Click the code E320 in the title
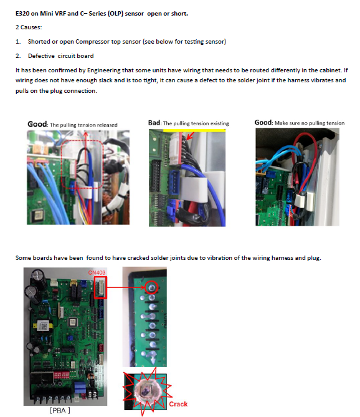(x=22, y=14)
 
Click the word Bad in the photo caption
(x=154, y=123)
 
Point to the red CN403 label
(x=97, y=272)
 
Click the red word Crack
(x=178, y=404)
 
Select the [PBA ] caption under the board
(x=60, y=410)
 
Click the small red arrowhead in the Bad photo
(x=190, y=137)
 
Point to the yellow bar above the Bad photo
(x=194, y=130)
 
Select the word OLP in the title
(x=116, y=14)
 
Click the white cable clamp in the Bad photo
(x=194, y=189)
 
